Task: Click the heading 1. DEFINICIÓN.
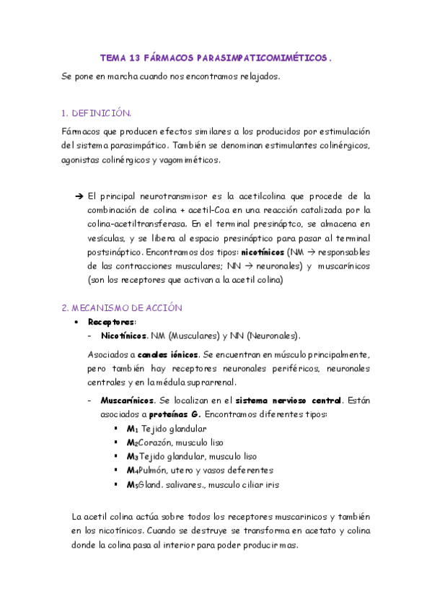click(97, 113)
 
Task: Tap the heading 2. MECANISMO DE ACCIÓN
click(122, 307)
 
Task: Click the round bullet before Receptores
click(76, 322)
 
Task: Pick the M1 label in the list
click(132, 429)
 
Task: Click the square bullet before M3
click(116, 456)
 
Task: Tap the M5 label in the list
click(132, 485)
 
